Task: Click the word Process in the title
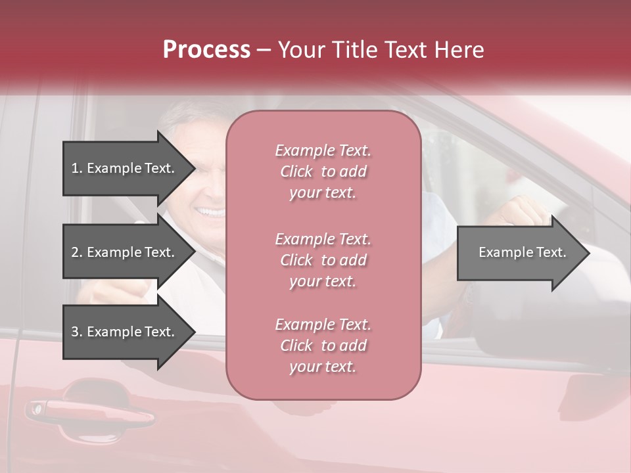click(x=206, y=50)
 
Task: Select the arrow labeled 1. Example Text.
click(x=125, y=168)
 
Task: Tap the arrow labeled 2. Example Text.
click(x=125, y=252)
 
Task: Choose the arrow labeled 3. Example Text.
click(x=125, y=332)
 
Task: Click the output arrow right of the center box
click(x=519, y=252)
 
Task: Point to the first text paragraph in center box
click(x=323, y=171)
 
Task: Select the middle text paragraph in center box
click(x=323, y=260)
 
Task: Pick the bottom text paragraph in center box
click(x=323, y=346)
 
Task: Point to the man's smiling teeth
click(x=212, y=213)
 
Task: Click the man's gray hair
click(x=181, y=118)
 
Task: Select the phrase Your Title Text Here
click(x=381, y=50)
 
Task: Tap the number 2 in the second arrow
click(x=76, y=252)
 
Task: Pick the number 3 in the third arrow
click(x=76, y=332)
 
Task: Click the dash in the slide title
click(x=264, y=51)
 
